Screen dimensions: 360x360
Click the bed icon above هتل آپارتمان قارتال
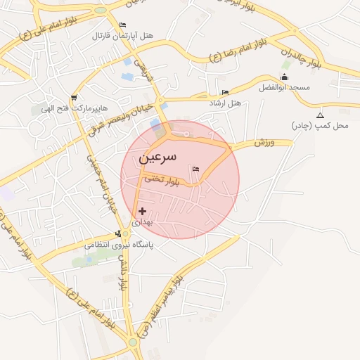point(123,25)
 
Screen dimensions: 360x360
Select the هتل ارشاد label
point(225,103)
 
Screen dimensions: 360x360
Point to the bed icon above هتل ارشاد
point(225,93)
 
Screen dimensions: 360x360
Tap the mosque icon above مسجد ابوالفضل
point(284,77)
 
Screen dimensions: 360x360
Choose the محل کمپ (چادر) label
point(320,125)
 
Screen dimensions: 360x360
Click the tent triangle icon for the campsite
point(320,115)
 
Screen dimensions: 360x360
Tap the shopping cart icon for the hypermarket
point(74,98)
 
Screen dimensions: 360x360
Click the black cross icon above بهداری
point(143,211)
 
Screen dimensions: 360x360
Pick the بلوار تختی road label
point(162,180)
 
